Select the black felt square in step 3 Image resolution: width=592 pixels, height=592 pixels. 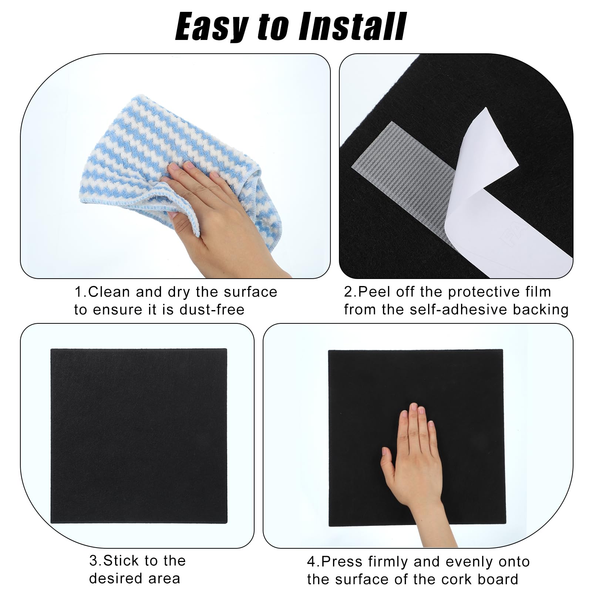click(x=139, y=436)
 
